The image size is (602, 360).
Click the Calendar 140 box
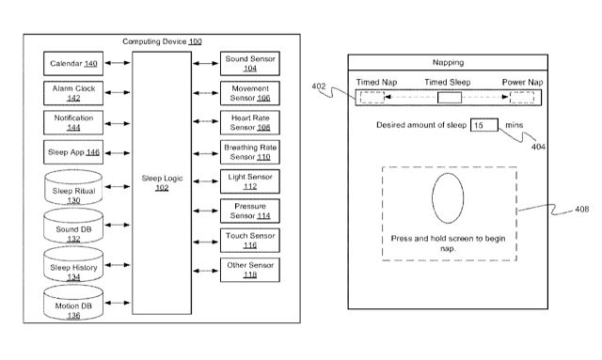[73, 63]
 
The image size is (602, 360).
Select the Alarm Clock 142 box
[73, 93]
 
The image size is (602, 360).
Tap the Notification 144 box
[73, 123]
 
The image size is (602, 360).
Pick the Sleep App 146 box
[73, 152]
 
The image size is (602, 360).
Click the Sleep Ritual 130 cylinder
[73, 187]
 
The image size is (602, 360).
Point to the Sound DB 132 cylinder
[73, 226]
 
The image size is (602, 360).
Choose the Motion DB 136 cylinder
[73, 303]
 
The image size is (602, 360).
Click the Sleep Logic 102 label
[162, 182]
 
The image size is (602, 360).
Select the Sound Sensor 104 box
[250, 63]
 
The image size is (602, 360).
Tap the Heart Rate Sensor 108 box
[250, 122]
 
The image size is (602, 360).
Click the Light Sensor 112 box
[250, 181]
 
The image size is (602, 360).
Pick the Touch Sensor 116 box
[250, 241]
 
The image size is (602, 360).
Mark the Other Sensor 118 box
[250, 270]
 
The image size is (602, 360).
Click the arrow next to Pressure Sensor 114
[206, 211]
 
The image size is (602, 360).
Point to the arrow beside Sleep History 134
[118, 265]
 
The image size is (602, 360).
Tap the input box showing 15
[484, 125]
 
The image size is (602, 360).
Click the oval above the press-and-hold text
[448, 198]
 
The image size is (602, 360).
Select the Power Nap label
[522, 82]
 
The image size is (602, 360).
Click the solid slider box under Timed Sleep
[450, 98]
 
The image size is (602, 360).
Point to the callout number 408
[581, 210]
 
